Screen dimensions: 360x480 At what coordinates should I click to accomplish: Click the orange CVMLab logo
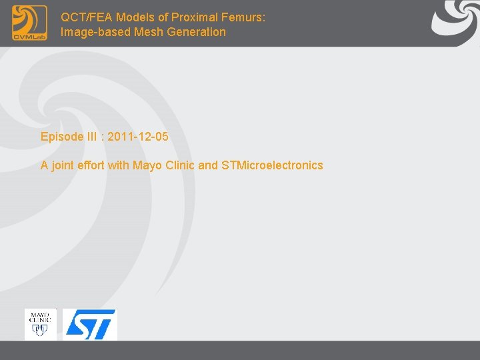point(29,23)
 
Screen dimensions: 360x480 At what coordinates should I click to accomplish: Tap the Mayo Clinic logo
point(41,324)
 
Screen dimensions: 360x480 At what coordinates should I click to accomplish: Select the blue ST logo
point(90,325)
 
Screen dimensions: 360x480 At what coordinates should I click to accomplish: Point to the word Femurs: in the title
point(245,17)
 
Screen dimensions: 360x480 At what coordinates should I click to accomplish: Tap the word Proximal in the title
point(199,17)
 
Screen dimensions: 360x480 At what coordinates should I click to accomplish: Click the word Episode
point(61,137)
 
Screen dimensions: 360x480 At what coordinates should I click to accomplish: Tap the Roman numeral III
point(92,137)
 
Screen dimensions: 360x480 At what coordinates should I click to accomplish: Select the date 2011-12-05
point(138,137)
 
